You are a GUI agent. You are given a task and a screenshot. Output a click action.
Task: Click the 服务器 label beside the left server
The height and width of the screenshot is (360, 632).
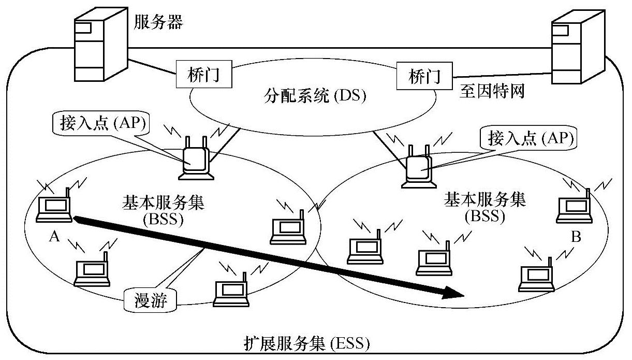tap(158, 22)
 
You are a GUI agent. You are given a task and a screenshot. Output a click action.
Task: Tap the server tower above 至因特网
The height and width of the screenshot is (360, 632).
tap(577, 45)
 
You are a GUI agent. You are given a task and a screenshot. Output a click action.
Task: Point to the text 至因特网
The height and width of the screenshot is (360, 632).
tap(492, 92)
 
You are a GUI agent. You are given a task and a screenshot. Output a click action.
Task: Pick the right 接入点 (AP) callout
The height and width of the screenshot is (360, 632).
tap(528, 138)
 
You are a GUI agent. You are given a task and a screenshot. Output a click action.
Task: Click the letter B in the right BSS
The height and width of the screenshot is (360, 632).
tap(576, 238)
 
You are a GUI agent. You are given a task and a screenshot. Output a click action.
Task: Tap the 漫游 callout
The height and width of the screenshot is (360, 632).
tap(151, 300)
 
